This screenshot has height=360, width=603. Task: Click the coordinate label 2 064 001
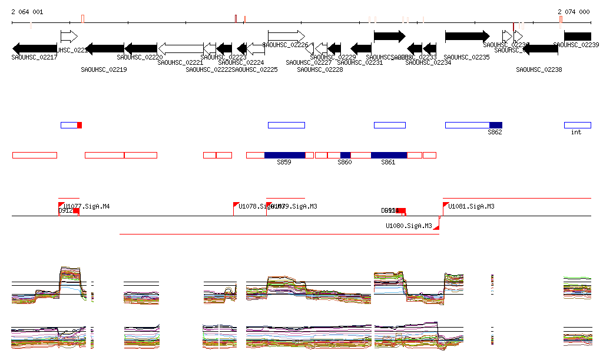(x=27, y=12)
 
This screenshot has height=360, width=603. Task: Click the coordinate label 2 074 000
(x=574, y=12)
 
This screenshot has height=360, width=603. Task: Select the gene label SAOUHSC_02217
(x=34, y=57)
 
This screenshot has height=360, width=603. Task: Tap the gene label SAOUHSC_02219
(x=104, y=70)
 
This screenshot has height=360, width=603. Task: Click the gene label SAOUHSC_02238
(x=539, y=70)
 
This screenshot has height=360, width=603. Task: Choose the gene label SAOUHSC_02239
(x=576, y=45)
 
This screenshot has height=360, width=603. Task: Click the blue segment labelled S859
(x=284, y=155)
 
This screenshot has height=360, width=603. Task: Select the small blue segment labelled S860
(x=345, y=155)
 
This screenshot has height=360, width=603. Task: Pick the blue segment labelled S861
(x=389, y=155)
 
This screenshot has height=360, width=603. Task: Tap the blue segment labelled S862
(x=495, y=125)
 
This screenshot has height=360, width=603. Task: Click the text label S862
(x=495, y=133)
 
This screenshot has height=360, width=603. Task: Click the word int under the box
(x=576, y=133)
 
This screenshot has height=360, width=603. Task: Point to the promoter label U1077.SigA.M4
(x=87, y=206)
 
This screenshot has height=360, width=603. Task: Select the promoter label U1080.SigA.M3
(x=409, y=226)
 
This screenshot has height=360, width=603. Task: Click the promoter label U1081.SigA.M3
(x=471, y=206)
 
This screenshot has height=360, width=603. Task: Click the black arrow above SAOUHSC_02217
(x=34, y=48)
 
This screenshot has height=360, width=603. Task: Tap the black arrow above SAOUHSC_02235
(x=467, y=36)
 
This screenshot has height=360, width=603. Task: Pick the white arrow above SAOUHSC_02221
(x=181, y=48)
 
